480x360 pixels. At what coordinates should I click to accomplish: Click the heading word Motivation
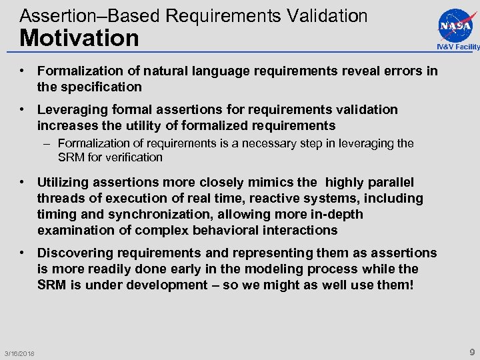click(x=79, y=38)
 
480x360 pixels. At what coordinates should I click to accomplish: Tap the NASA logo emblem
click(x=456, y=25)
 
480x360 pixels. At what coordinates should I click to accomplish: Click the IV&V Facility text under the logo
click(x=458, y=47)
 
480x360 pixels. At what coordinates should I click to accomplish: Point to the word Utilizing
click(x=68, y=182)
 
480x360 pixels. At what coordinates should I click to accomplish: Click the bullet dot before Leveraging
click(x=23, y=109)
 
